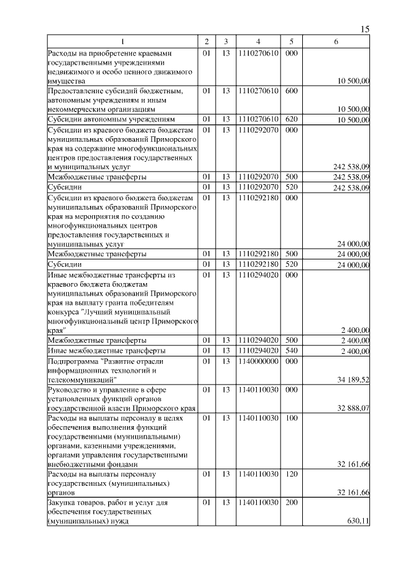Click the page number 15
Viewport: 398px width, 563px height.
365,29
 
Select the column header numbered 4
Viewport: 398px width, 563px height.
258,42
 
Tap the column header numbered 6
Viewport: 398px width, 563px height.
336,42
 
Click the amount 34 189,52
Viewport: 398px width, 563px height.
353,379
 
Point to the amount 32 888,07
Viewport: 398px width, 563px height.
353,409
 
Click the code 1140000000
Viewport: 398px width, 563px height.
258,361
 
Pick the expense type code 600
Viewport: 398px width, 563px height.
291,91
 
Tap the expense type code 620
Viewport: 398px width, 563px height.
291,119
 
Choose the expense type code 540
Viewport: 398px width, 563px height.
291,351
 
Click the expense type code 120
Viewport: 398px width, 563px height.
291,474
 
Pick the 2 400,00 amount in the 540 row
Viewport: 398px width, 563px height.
355,351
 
